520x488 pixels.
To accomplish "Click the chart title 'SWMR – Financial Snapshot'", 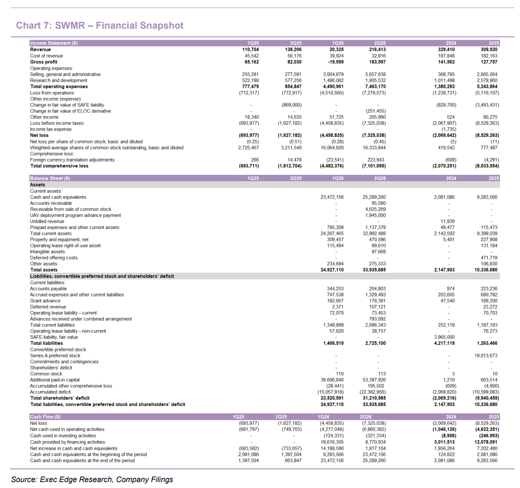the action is [x=119, y=25].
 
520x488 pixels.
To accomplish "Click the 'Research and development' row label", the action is [x=59, y=80].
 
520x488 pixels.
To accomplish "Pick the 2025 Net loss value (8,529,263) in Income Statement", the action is [x=487, y=135].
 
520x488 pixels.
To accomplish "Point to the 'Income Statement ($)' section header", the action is [x=54, y=43].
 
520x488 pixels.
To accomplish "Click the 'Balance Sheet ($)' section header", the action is [x=50, y=178].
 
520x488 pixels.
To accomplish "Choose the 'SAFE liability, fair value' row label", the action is [x=54, y=337].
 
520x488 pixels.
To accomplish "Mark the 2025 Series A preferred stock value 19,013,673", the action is [x=486, y=356].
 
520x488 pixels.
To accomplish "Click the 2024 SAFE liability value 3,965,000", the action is [x=444, y=337].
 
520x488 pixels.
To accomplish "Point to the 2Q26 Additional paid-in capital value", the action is [x=374, y=380].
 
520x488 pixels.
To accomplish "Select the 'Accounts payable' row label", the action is [x=48, y=289].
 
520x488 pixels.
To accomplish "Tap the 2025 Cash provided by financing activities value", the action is [x=487, y=442].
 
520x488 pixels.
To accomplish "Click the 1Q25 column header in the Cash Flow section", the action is [x=239, y=417].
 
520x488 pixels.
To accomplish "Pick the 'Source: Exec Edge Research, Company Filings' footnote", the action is [x=92, y=480].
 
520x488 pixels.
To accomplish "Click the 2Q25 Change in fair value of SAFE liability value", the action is [x=291, y=105].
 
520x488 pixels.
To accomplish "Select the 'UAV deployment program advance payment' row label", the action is [x=76, y=215].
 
